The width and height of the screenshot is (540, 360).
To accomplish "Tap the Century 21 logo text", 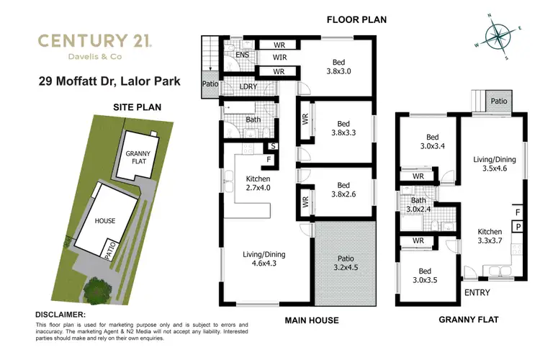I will pyautogui.click(x=92, y=40).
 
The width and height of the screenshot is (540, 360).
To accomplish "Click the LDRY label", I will pyautogui.click(x=248, y=88).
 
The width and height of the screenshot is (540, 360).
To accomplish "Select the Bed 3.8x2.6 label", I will pyautogui.click(x=337, y=190).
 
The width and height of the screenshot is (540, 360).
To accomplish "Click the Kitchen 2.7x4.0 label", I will pyautogui.click(x=257, y=182).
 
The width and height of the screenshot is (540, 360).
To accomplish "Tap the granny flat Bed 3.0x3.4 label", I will pyautogui.click(x=432, y=143).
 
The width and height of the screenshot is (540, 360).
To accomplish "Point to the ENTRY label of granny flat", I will pyautogui.click(x=478, y=292).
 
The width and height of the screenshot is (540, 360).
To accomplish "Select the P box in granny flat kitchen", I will pyautogui.click(x=518, y=226).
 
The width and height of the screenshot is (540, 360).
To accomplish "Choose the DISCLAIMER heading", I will pyautogui.click(x=60, y=315).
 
